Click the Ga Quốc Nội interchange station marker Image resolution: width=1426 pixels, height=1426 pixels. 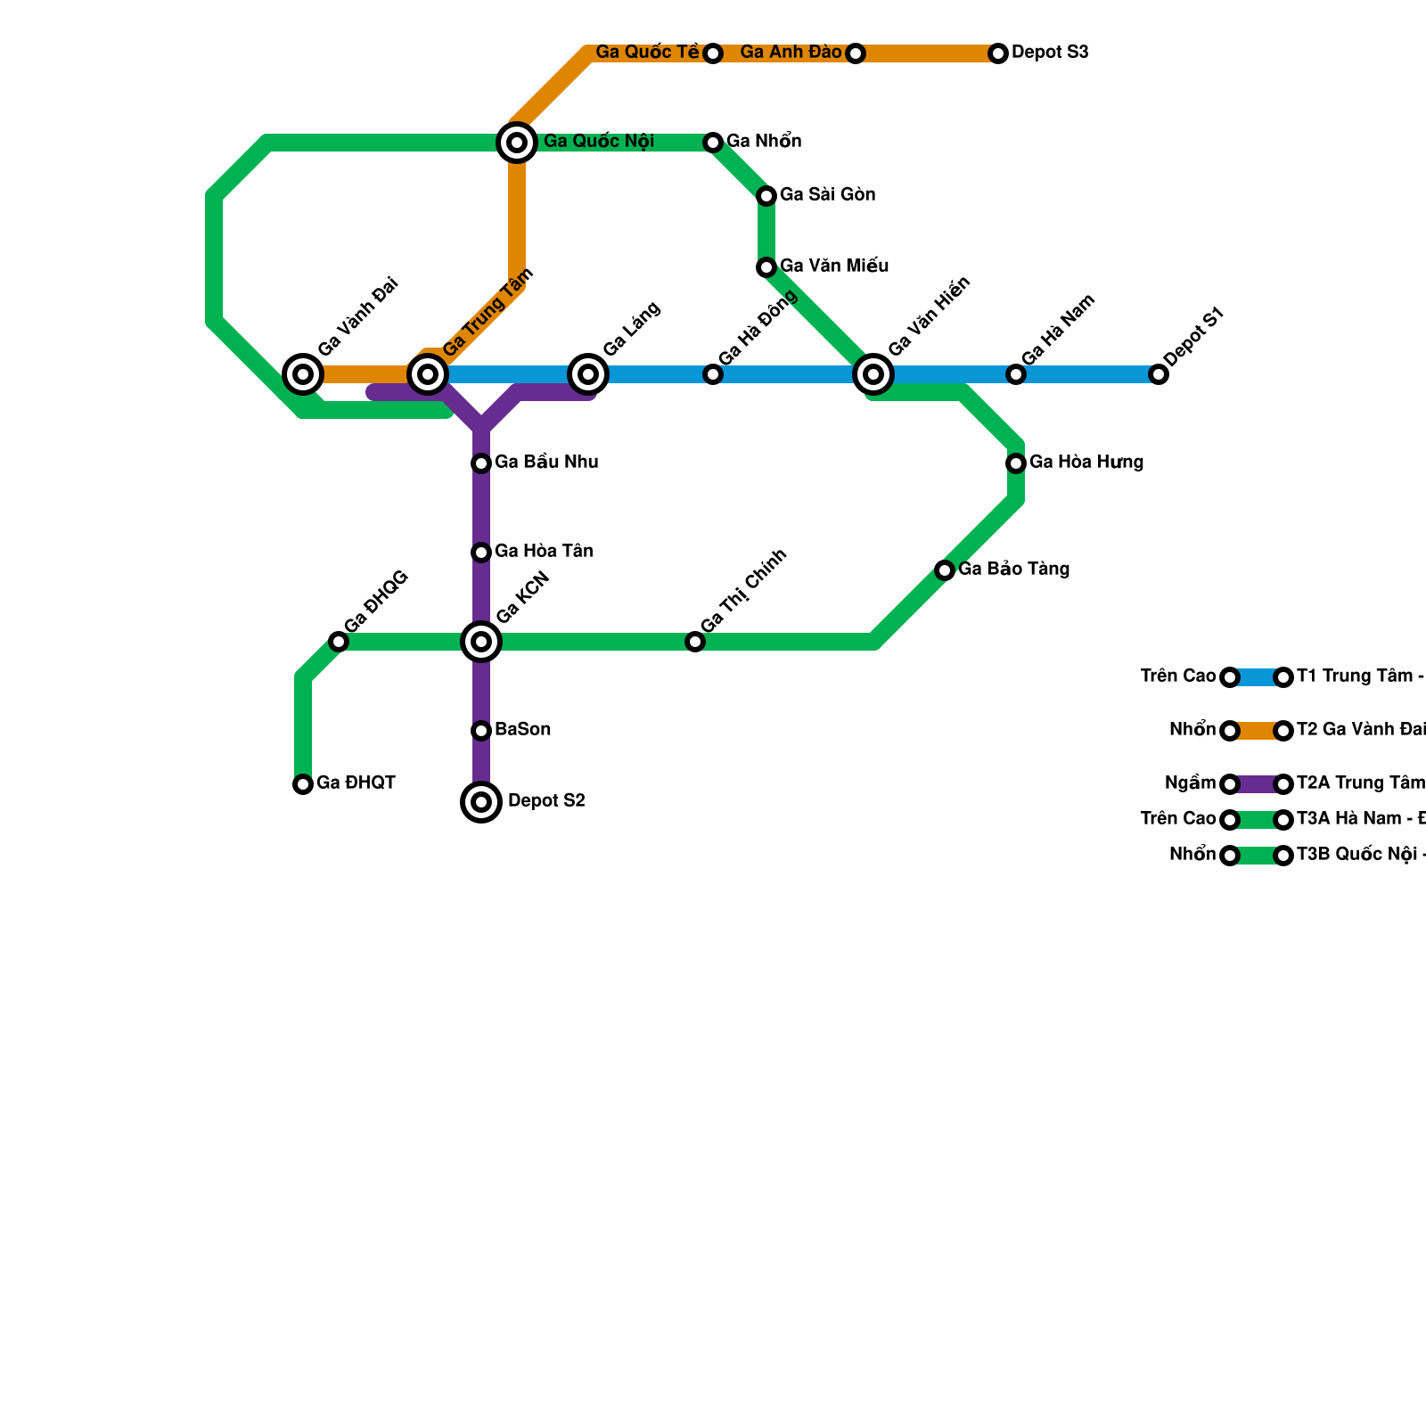[x=517, y=143]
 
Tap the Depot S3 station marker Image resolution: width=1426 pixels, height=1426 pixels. [x=998, y=53]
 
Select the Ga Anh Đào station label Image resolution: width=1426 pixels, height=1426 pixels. [x=791, y=53]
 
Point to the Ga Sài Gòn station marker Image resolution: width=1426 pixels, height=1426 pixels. [x=766, y=196]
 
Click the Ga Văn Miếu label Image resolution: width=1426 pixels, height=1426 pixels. [x=834, y=266]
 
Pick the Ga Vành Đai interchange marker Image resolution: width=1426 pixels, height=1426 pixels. [x=303, y=374]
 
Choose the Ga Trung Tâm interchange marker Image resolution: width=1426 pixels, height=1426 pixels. [x=428, y=374]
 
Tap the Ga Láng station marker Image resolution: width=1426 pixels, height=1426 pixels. [x=588, y=374]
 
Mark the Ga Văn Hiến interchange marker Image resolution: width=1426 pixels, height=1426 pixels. [x=873, y=374]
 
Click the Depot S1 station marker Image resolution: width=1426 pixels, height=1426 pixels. [x=1159, y=374]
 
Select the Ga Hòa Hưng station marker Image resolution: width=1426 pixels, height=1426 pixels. [x=1016, y=463]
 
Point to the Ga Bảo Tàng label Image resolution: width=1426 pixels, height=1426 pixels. [x=1014, y=570]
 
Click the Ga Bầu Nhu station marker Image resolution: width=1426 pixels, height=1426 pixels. [x=481, y=463]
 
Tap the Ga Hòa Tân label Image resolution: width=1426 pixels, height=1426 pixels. [x=544, y=552]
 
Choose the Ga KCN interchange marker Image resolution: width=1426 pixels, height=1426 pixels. [x=481, y=642]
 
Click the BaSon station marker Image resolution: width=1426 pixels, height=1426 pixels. [x=481, y=731]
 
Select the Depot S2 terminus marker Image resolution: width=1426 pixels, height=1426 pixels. [x=481, y=802]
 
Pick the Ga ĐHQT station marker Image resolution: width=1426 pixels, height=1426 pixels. [x=303, y=784]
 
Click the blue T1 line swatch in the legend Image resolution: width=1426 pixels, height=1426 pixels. [x=1257, y=677]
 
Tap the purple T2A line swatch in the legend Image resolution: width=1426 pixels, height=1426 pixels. [x=1257, y=784]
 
